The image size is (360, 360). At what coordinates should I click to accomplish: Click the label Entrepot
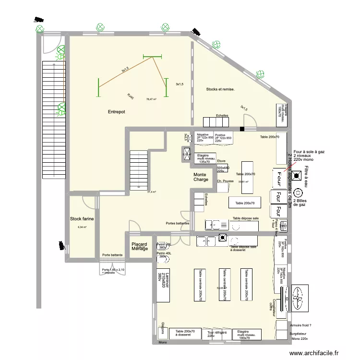pos(116,111)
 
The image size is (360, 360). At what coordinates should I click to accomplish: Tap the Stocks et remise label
pos(220,89)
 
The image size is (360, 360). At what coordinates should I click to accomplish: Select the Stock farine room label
pos(82,218)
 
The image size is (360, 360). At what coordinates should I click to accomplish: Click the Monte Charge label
pos(201,177)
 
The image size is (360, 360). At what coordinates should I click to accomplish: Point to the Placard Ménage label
pos(139,246)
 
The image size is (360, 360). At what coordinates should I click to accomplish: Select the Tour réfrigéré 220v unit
pos(216,334)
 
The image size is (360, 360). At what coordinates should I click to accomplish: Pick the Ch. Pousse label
pos(225,181)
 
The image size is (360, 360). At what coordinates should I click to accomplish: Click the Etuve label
pos(221,161)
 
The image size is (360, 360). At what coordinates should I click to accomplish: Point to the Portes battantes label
pos(177,223)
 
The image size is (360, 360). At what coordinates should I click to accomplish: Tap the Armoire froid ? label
pos(300,325)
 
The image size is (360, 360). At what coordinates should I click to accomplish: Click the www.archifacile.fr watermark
pos(317,352)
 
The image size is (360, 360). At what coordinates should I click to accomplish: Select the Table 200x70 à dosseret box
pos(185,334)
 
